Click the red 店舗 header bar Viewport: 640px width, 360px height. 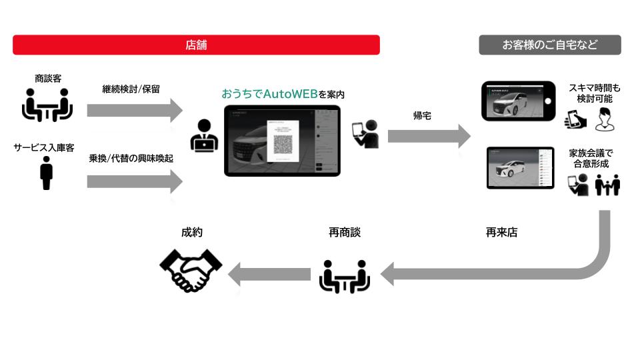click(x=196, y=45)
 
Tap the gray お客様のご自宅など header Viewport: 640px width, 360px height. click(x=549, y=45)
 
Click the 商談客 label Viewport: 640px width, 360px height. click(x=48, y=79)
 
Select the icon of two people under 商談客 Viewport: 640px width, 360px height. click(x=46, y=105)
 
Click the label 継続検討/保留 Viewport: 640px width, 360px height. click(x=131, y=88)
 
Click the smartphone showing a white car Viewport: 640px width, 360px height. click(x=518, y=101)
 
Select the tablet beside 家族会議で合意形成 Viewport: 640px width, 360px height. click(x=520, y=167)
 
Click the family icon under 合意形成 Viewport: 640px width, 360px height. click(x=607, y=185)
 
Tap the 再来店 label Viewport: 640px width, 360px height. click(x=501, y=233)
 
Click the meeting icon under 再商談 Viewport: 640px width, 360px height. click(x=345, y=275)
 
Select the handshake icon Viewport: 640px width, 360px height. click(x=191, y=270)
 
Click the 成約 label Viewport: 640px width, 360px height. click(x=191, y=233)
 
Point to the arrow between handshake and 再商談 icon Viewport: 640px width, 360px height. click(x=269, y=274)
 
